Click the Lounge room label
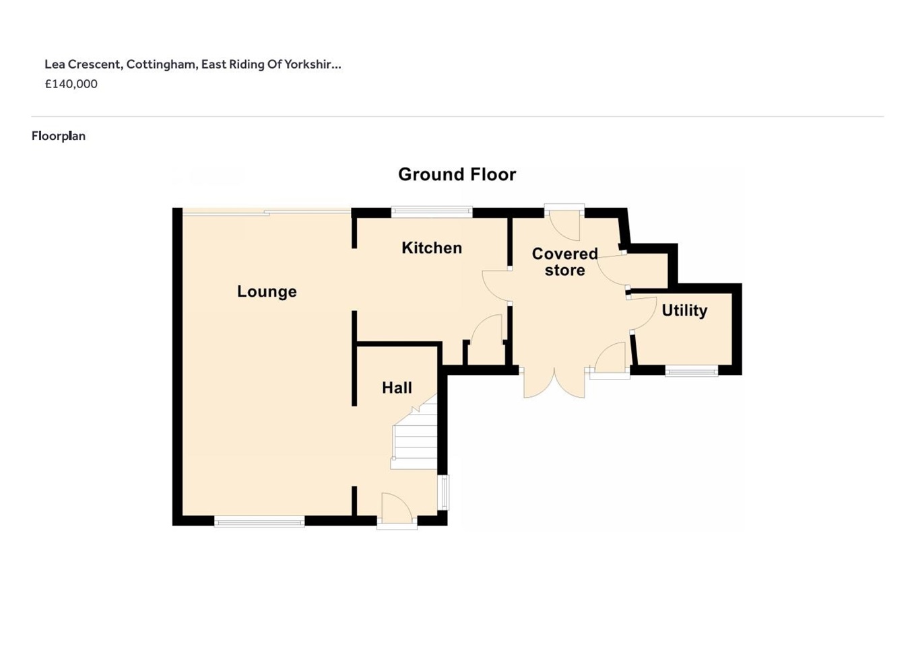click(267, 291)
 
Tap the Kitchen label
click(432, 248)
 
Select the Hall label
click(397, 388)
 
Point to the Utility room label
click(685, 311)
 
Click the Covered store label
click(564, 262)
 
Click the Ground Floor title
click(457, 174)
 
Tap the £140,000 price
click(71, 84)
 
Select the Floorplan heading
click(59, 136)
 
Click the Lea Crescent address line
click(193, 65)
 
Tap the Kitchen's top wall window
click(432, 211)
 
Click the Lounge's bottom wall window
click(259, 522)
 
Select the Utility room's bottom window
click(692, 371)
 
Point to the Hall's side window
click(443, 493)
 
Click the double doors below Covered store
click(554, 382)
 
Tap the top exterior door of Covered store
click(564, 222)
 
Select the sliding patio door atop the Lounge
click(267, 212)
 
